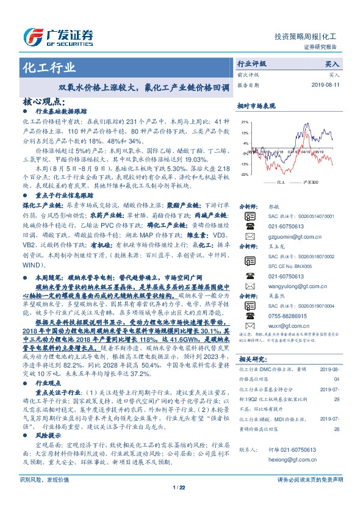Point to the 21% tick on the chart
tap(244, 122)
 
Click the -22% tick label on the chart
tap(244, 175)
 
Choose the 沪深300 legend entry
tap(295, 182)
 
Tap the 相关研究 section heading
tap(251, 359)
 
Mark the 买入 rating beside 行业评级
tap(332, 63)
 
